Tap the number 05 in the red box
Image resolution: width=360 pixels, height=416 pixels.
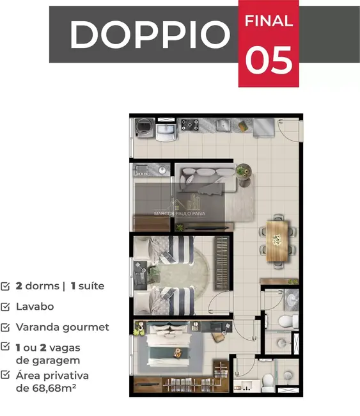(269, 61)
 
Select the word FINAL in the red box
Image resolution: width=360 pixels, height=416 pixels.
(269, 20)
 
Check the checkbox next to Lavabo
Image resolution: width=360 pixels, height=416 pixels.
(6, 307)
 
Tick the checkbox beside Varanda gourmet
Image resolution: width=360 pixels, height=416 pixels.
(6, 327)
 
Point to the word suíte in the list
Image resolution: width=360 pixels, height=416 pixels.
(91, 286)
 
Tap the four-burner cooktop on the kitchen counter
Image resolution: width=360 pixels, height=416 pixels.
(191, 125)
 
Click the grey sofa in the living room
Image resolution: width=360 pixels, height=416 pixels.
(207, 178)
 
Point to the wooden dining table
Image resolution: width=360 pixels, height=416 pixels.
(277, 240)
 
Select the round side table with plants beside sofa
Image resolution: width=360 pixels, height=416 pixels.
(243, 171)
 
